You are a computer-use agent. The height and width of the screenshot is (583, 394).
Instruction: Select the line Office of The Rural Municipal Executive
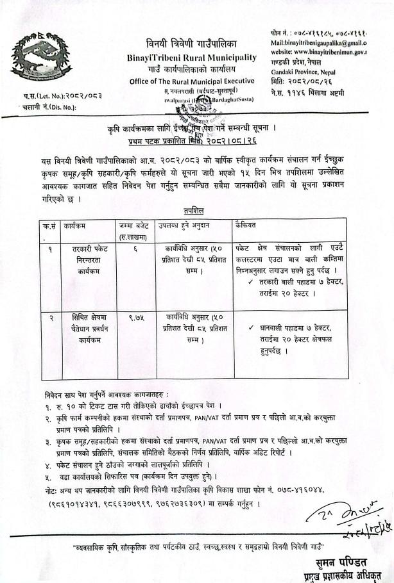click(192, 81)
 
